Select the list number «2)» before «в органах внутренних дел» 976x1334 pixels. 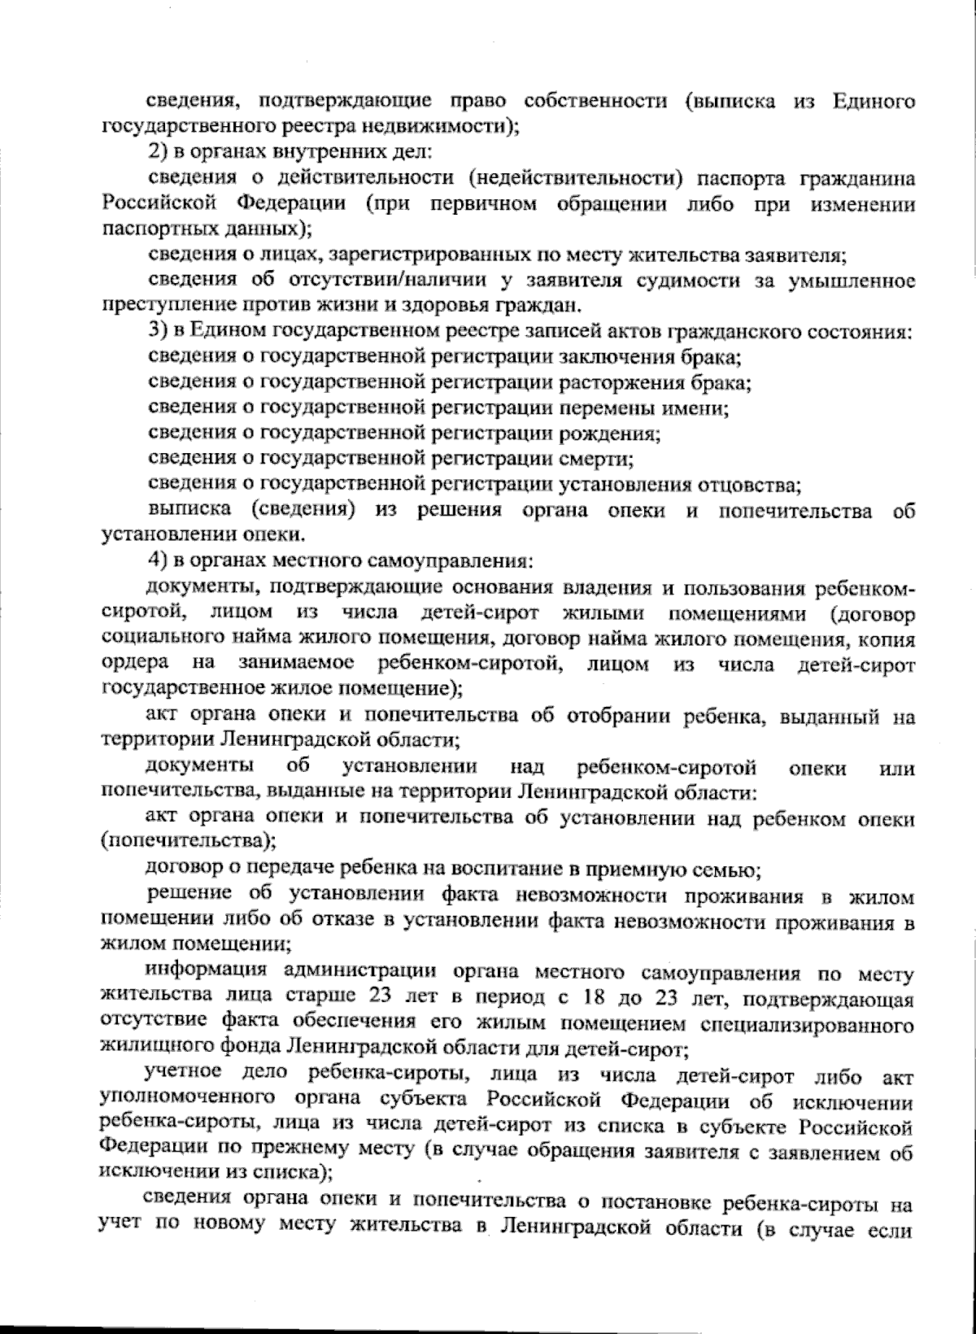point(159,151)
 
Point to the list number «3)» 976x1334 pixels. point(159,331)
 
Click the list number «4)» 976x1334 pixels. point(159,562)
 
